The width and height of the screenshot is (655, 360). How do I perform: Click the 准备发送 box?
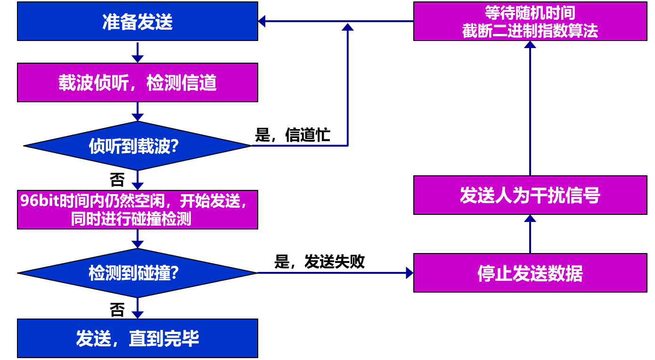point(137,22)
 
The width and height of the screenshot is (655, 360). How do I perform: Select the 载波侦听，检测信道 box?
point(137,82)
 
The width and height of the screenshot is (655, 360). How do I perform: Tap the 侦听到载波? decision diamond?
point(137,146)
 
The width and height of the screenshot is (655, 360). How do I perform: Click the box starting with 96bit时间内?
point(137,210)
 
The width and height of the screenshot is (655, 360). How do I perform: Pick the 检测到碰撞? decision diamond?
point(137,273)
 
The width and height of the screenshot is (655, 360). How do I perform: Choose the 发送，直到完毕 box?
point(137,338)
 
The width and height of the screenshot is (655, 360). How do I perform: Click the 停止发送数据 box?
point(530,273)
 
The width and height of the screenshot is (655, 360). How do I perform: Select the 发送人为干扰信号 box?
point(530,195)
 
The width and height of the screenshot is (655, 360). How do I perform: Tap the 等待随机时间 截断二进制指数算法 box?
point(530,22)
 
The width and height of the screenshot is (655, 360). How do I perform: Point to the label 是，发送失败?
point(319,262)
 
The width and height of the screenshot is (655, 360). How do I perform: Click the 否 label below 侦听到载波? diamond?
point(117,180)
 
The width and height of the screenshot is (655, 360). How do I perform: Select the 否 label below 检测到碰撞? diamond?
point(117,310)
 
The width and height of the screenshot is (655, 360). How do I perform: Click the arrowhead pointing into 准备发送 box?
point(262,21)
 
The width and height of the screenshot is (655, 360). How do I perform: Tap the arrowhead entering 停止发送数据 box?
point(409,273)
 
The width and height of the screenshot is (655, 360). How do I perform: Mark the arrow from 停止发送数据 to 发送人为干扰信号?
point(530,234)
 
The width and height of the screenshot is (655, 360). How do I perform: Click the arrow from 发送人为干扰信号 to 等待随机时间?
point(530,108)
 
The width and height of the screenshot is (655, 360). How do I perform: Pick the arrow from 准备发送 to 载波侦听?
point(137,52)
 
